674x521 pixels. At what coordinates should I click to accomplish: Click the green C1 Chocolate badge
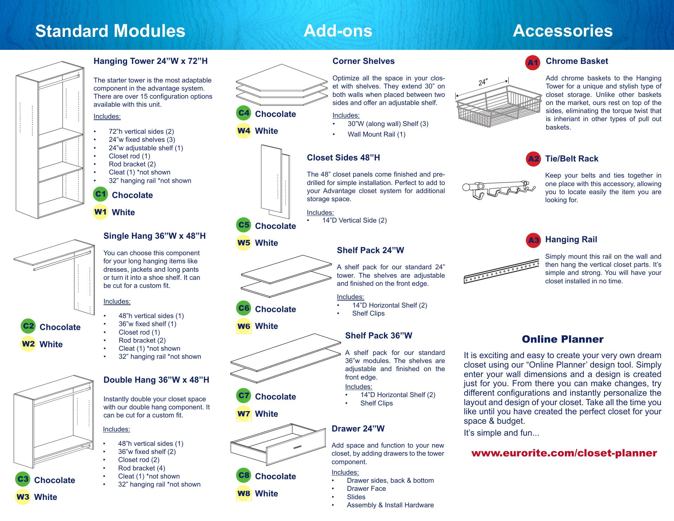pyautogui.click(x=101, y=194)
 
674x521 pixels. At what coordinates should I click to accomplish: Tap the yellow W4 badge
pyautogui.click(x=244, y=131)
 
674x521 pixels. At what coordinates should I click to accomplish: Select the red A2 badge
pyautogui.click(x=533, y=159)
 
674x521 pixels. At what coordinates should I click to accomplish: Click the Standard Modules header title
pyautogui.click(x=110, y=31)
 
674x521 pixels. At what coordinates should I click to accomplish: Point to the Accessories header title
pyautogui.click(x=562, y=31)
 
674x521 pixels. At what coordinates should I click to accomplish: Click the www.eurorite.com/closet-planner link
pyautogui.click(x=564, y=453)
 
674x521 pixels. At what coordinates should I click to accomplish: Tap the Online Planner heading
pyautogui.click(x=562, y=339)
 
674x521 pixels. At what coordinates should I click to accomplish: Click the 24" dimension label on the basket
pyautogui.click(x=483, y=82)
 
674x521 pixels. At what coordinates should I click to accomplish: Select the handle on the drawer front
pyautogui.click(x=297, y=447)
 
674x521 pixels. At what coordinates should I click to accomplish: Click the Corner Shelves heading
pyautogui.click(x=363, y=61)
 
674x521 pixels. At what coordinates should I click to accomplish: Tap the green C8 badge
pyautogui.click(x=244, y=475)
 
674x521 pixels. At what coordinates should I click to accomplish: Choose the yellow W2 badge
pyautogui.click(x=28, y=344)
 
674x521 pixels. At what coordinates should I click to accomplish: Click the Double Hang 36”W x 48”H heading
pyautogui.click(x=156, y=380)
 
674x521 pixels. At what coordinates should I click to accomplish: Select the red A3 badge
pyautogui.click(x=533, y=240)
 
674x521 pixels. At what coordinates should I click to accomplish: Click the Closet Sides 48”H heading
pyautogui.click(x=343, y=158)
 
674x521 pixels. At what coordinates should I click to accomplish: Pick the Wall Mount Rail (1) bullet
pyautogui.click(x=376, y=134)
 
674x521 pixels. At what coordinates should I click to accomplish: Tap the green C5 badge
pyautogui.click(x=244, y=225)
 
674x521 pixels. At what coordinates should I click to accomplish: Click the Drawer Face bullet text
pyautogui.click(x=366, y=489)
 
